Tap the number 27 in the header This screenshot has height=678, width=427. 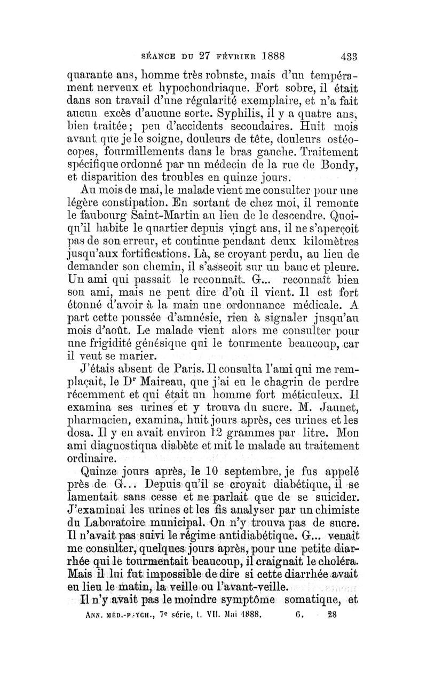(x=218, y=55)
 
